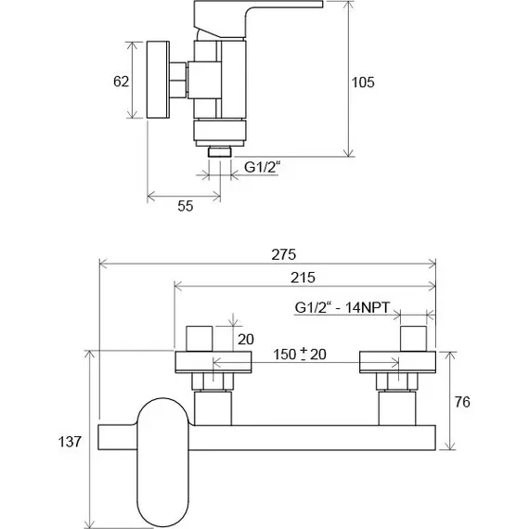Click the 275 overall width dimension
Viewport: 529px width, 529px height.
click(x=283, y=254)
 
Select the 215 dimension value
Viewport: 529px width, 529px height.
click(x=303, y=277)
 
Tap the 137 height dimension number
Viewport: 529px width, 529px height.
click(x=70, y=442)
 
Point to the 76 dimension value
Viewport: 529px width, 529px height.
click(x=462, y=402)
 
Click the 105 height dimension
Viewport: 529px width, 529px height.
click(x=363, y=83)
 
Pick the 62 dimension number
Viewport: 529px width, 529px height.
click(x=122, y=82)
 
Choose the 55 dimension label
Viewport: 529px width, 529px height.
click(x=186, y=206)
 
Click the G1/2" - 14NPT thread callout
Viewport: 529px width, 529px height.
click(x=342, y=308)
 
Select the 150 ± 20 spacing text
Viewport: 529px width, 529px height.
click(x=300, y=355)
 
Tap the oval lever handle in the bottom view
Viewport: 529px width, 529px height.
click(x=162, y=462)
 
